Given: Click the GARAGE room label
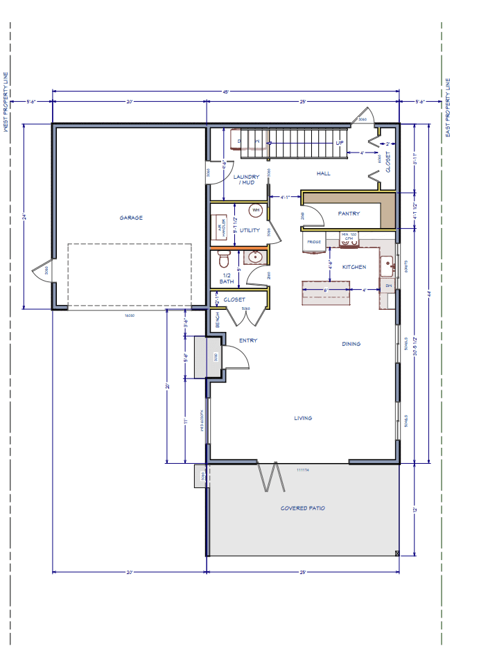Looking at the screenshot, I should tap(130, 218).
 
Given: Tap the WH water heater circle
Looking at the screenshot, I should tap(256, 209).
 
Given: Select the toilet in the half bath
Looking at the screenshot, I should tap(223, 260).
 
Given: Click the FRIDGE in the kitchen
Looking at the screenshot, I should tap(314, 242).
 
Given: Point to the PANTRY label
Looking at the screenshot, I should tap(349, 214).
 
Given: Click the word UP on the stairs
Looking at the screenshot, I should tap(340, 143).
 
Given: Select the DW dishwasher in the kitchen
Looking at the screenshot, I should tap(388, 285).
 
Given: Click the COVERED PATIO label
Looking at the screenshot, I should tap(303, 508).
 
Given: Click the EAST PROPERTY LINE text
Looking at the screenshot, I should tap(448, 107).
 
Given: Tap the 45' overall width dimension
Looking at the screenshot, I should tap(226, 92).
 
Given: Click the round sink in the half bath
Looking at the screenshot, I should tap(255, 257).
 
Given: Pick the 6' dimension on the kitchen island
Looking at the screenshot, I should tap(326, 290).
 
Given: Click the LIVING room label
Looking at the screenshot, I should tap(303, 418).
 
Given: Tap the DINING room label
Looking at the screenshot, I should tap(351, 344).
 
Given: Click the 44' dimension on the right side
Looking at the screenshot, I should tap(429, 294).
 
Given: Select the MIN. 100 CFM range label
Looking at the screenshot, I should tap(349, 236).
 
